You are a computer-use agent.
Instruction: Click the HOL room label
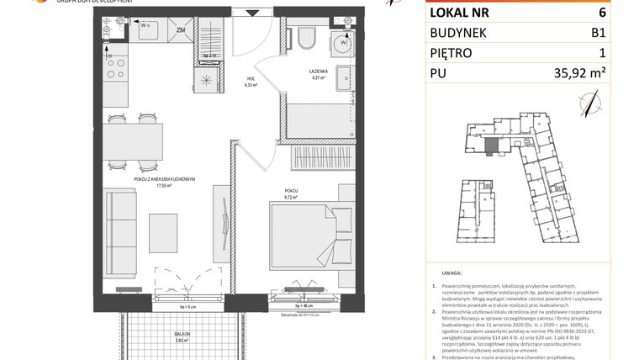[249, 79]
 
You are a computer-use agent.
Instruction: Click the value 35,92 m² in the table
[575, 73]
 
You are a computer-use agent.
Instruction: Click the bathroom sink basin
[345, 80]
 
